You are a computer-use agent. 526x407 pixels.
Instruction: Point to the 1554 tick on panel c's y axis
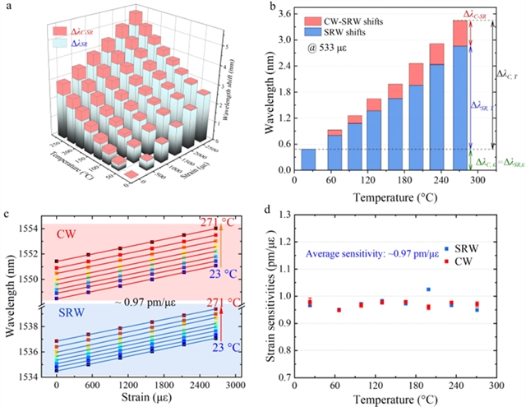coord(37,228)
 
